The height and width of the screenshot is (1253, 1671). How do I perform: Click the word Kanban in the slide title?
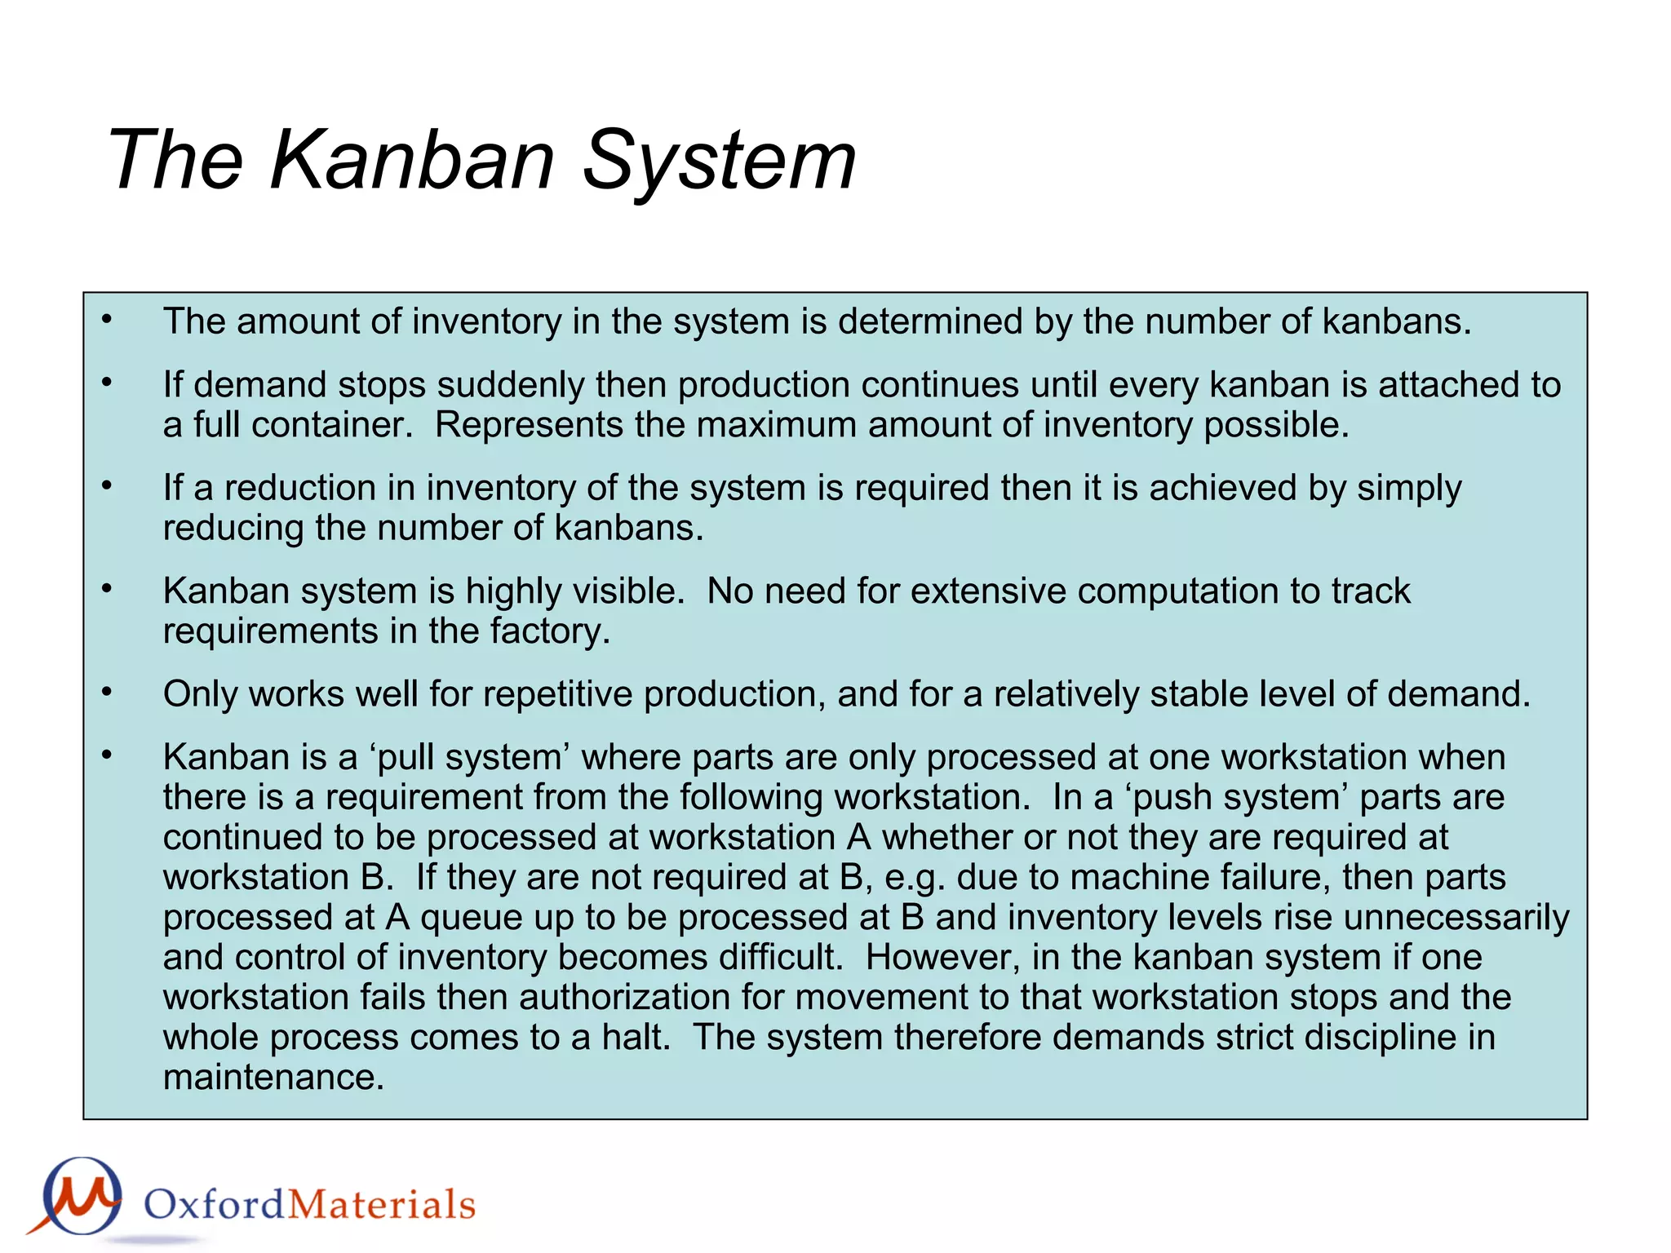pyautogui.click(x=412, y=160)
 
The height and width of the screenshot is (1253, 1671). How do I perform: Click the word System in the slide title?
pyautogui.click(x=719, y=160)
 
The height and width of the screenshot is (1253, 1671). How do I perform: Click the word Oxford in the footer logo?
pyautogui.click(x=214, y=1205)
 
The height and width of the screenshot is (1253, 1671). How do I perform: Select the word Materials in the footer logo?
pyautogui.click(x=381, y=1205)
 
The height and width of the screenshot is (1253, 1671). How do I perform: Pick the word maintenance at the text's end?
pyautogui.click(x=273, y=1077)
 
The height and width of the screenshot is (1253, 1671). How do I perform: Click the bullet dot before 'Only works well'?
pyautogui.click(x=107, y=693)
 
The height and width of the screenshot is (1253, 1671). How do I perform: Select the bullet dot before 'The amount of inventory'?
pyautogui.click(x=107, y=320)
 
